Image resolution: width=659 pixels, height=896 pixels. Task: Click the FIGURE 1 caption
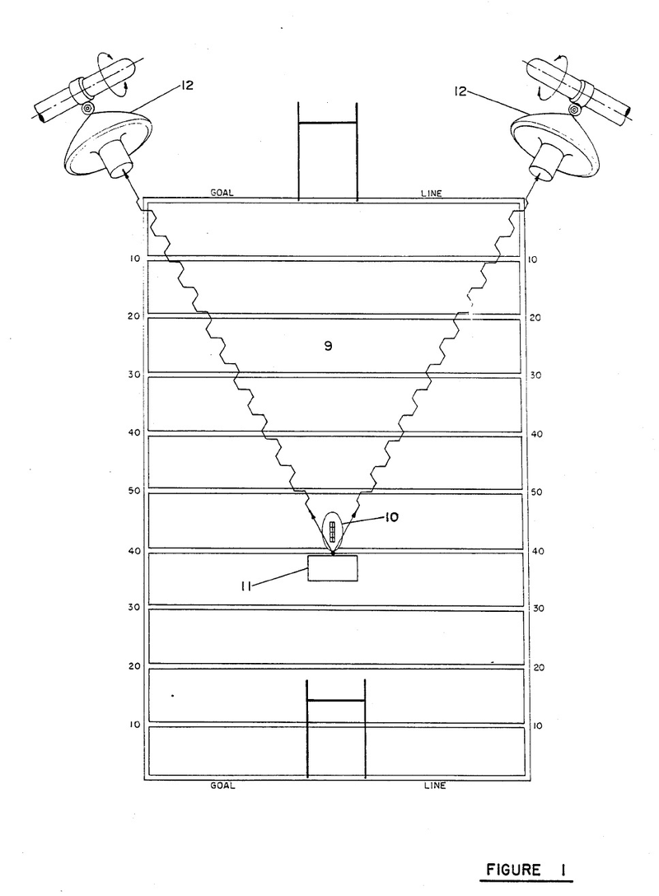[x=525, y=870]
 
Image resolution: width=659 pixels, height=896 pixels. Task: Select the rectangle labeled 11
[x=333, y=568]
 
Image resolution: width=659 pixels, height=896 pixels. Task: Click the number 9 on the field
[x=328, y=346]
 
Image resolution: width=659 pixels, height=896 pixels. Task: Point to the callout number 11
[x=245, y=586]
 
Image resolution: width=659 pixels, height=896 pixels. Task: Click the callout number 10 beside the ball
[x=391, y=517]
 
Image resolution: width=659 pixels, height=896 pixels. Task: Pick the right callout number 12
[x=461, y=91]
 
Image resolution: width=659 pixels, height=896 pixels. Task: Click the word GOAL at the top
[x=222, y=194]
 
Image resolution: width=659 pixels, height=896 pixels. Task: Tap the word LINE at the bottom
[x=435, y=786]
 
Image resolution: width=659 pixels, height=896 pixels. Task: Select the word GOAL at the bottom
[x=222, y=786]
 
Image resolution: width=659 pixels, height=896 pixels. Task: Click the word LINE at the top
[x=432, y=194]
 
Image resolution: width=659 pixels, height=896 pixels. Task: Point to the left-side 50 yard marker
[x=133, y=491]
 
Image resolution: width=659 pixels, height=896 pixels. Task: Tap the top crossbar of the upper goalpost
[x=328, y=122]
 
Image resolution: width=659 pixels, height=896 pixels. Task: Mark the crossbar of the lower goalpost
[x=336, y=700]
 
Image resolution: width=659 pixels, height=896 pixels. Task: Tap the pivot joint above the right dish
[x=573, y=106]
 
